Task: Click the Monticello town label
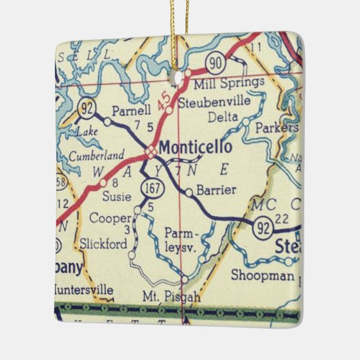(x=196, y=147)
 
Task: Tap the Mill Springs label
(x=229, y=83)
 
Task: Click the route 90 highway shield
(x=215, y=63)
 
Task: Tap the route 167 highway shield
(x=150, y=186)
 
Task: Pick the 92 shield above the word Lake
(x=88, y=108)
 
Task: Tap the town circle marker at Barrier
(x=189, y=192)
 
